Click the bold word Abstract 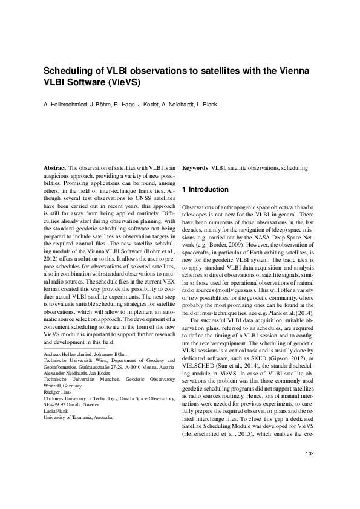[x=56, y=167]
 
